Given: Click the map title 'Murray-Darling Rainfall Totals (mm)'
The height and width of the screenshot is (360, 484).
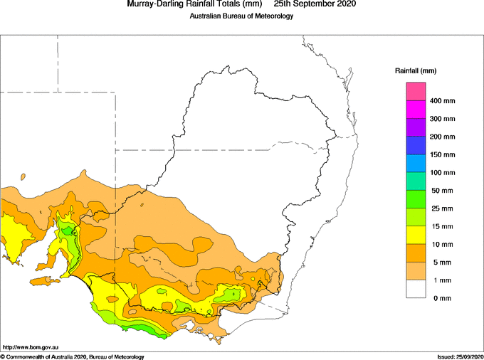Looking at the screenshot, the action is point(194,4).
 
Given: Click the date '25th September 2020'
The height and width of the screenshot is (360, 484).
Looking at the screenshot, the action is point(315,4).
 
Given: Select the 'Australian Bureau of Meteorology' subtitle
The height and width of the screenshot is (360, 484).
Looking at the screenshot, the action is point(241,16).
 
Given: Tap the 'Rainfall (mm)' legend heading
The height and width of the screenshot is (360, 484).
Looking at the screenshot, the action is point(416,71).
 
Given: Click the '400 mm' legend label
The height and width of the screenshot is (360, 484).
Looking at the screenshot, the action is point(442,101).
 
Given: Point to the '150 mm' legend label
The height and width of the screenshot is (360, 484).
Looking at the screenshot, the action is point(442,154).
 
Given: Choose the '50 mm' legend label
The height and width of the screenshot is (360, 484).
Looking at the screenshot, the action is point(442,191).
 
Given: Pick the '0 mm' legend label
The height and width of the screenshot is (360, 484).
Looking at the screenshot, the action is point(442,298).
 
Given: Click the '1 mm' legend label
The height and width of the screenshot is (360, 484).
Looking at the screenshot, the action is point(442,280).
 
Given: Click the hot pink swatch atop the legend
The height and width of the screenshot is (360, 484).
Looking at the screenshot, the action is point(416,91).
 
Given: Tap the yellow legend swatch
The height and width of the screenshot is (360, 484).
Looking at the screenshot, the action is point(416,235).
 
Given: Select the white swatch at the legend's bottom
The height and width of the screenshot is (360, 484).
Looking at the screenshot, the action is point(416,289).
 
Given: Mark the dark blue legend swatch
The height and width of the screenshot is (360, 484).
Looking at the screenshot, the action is point(416,145).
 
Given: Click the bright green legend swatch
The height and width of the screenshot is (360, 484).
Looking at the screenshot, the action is point(416,199).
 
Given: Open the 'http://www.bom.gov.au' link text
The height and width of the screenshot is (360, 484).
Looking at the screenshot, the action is point(31,347).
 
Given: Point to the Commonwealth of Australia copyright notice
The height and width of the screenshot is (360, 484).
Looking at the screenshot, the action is point(72,357).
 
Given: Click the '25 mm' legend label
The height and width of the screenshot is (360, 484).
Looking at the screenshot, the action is point(442,208).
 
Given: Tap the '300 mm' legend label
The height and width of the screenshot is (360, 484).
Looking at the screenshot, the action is point(442,119).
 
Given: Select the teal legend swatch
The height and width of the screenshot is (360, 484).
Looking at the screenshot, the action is point(416,181).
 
